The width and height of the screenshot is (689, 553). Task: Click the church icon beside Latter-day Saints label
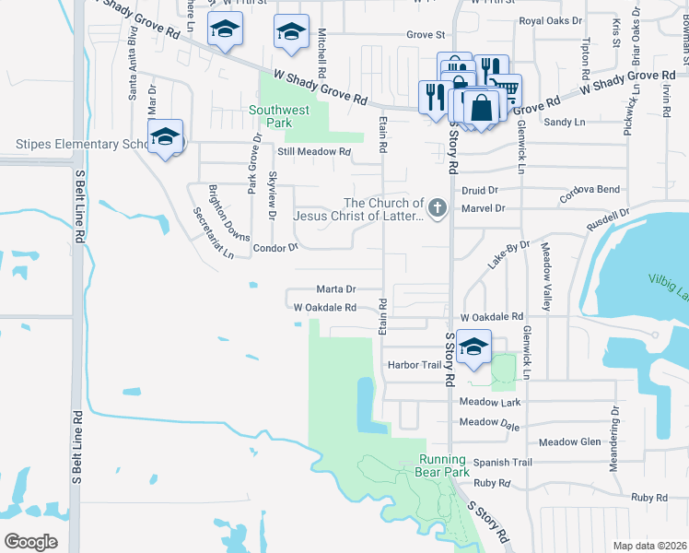click(438, 208)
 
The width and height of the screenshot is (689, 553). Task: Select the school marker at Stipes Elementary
click(166, 137)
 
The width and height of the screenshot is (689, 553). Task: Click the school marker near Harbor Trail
click(473, 347)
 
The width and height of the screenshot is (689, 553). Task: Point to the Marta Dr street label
click(336, 288)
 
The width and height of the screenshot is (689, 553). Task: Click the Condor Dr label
click(276, 248)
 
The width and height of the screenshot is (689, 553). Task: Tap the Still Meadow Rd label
click(314, 152)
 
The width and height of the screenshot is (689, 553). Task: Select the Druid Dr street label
click(480, 190)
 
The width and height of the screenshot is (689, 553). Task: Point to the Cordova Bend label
click(590, 189)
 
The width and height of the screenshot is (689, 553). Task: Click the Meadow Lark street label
click(490, 402)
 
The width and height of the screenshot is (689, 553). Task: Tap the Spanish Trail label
click(503, 462)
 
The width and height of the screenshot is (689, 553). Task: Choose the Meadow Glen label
click(570, 442)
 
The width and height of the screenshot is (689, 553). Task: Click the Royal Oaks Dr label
click(552, 19)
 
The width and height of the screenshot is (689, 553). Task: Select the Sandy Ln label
click(565, 122)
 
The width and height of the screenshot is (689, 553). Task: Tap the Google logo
click(31, 541)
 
